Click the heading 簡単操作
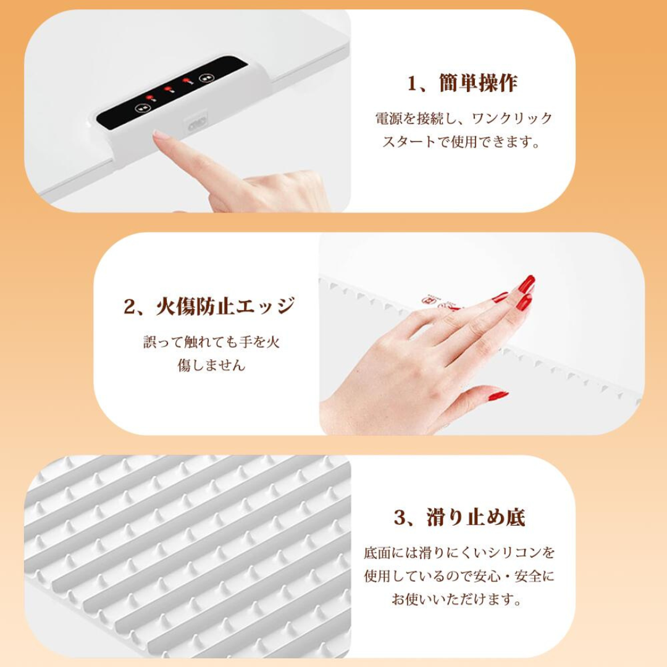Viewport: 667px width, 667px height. [x=479, y=83]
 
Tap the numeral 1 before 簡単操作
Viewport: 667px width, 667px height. [x=413, y=83]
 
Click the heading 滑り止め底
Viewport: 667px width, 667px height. [x=476, y=518]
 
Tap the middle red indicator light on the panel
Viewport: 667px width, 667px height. [x=168, y=90]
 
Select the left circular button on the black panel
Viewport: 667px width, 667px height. [x=141, y=107]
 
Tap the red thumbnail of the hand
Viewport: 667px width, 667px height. [x=498, y=395]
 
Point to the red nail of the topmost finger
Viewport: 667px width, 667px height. [x=527, y=284]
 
